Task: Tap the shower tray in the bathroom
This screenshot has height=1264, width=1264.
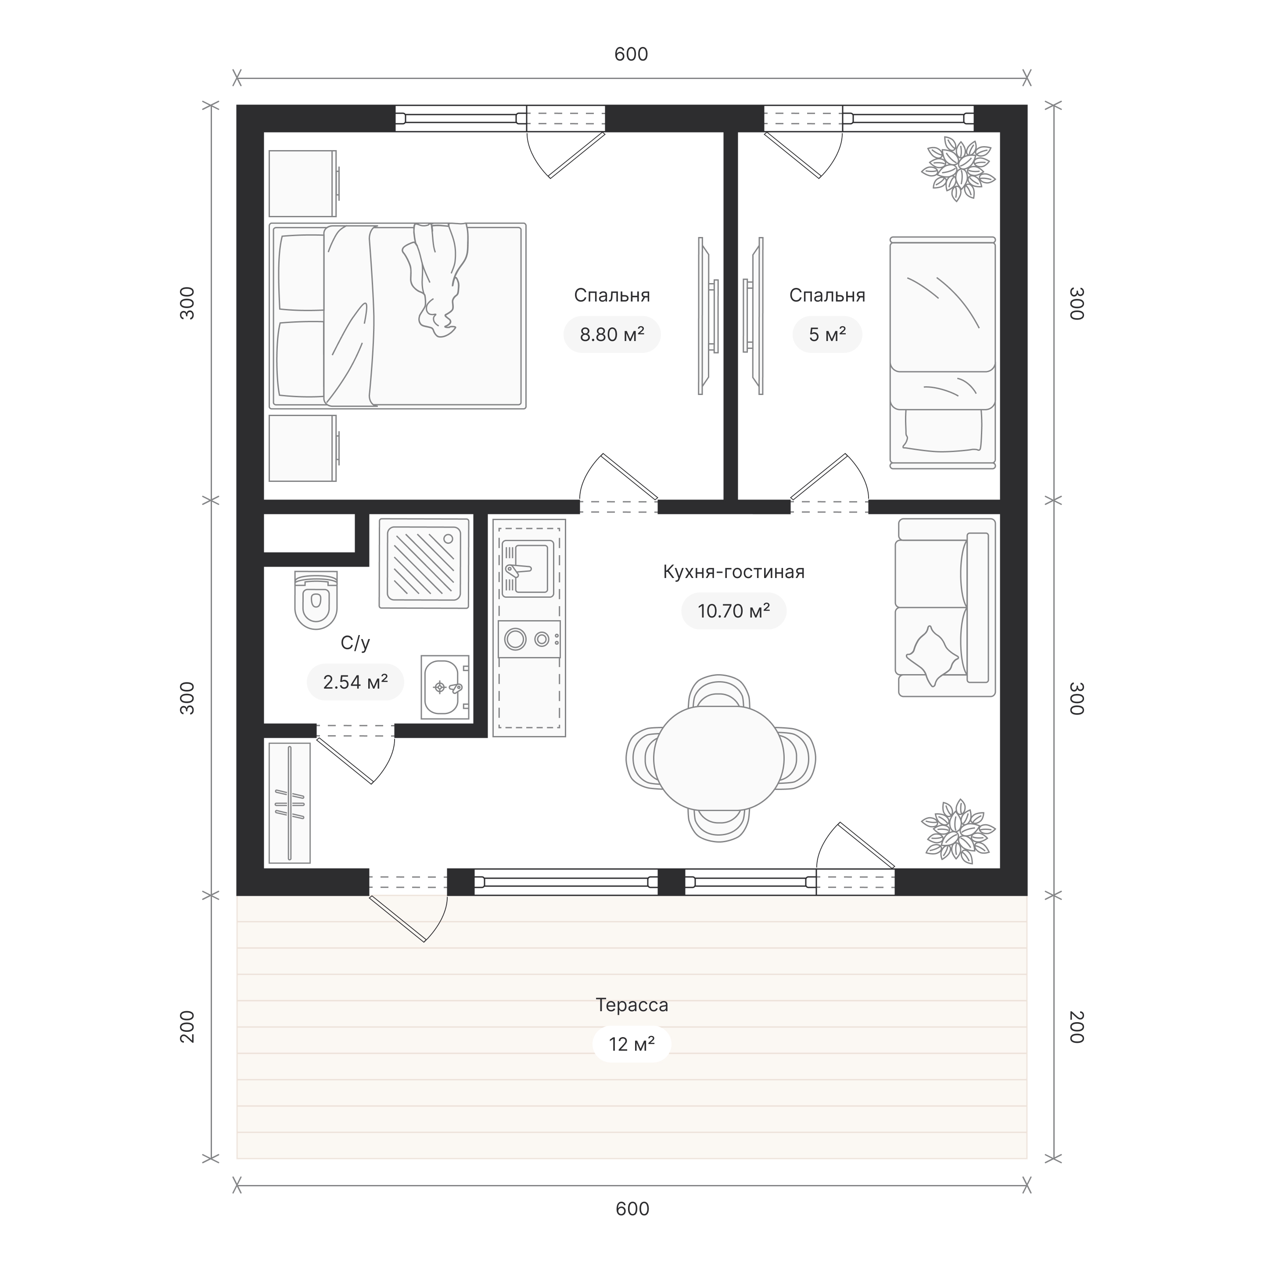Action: tap(424, 563)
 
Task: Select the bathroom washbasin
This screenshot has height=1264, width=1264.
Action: tap(445, 687)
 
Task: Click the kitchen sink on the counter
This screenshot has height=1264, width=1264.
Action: tap(527, 568)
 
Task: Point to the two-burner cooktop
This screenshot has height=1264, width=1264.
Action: tap(528, 639)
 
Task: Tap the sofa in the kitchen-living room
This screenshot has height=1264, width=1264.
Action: tap(945, 607)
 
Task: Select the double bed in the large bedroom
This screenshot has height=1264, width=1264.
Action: tap(397, 316)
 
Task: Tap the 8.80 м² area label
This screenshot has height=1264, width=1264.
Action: tap(612, 335)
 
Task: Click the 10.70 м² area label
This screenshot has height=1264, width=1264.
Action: tap(733, 611)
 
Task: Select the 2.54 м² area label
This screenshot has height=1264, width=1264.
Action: tap(355, 682)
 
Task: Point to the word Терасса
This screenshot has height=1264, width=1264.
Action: tap(632, 1005)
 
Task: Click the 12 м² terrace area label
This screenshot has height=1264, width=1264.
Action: tap(632, 1044)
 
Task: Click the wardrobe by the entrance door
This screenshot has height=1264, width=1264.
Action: tap(290, 803)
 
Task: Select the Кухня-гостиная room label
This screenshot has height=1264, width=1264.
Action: tap(733, 572)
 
